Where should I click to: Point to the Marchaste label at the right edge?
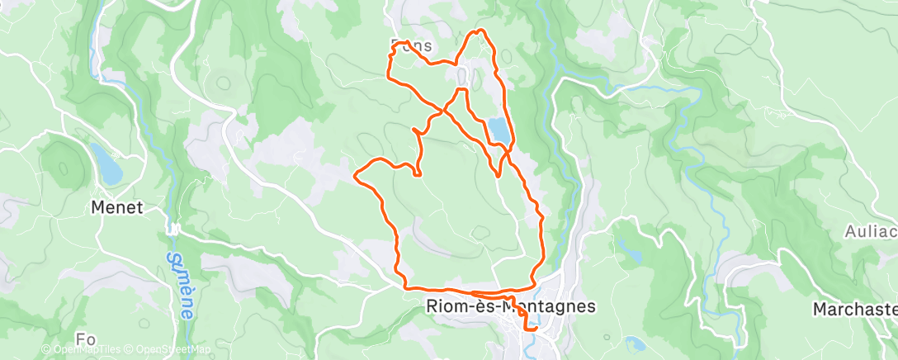pos(854,309)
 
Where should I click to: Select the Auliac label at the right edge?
pos(871,232)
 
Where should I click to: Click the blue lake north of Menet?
pos(105,163)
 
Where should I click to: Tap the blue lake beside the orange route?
pos(499,130)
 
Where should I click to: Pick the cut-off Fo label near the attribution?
pos(85,339)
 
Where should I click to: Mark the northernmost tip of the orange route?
pos(480,31)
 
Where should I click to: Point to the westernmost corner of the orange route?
pos(355,174)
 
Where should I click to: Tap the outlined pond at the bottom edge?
pos(635,343)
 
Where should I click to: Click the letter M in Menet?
pos(97,208)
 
